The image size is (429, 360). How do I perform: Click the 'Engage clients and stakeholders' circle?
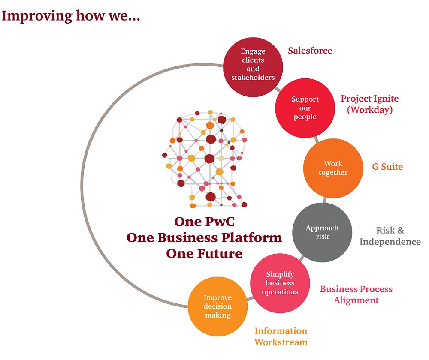253,65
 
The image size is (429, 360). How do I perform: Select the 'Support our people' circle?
305,108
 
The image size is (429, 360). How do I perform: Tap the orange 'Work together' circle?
333,168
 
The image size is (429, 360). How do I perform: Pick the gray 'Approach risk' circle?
322,232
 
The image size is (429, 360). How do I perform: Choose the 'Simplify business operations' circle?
280,283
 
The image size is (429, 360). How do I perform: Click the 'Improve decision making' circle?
218,306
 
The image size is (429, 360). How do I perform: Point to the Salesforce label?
310,51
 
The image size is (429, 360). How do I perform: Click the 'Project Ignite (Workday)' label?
370,104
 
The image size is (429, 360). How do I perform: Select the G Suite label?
387,166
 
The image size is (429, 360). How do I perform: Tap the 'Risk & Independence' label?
390,236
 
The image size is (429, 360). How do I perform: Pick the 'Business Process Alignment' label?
356,294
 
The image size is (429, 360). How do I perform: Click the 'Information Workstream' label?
281,336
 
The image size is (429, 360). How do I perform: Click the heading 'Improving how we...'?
71,16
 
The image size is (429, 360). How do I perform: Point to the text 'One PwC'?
204,222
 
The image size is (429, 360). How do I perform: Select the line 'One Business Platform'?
204,237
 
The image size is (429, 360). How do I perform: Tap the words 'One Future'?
204,253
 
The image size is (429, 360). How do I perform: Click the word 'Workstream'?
281,342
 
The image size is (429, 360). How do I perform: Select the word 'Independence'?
390,242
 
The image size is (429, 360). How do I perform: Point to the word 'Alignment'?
356,300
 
